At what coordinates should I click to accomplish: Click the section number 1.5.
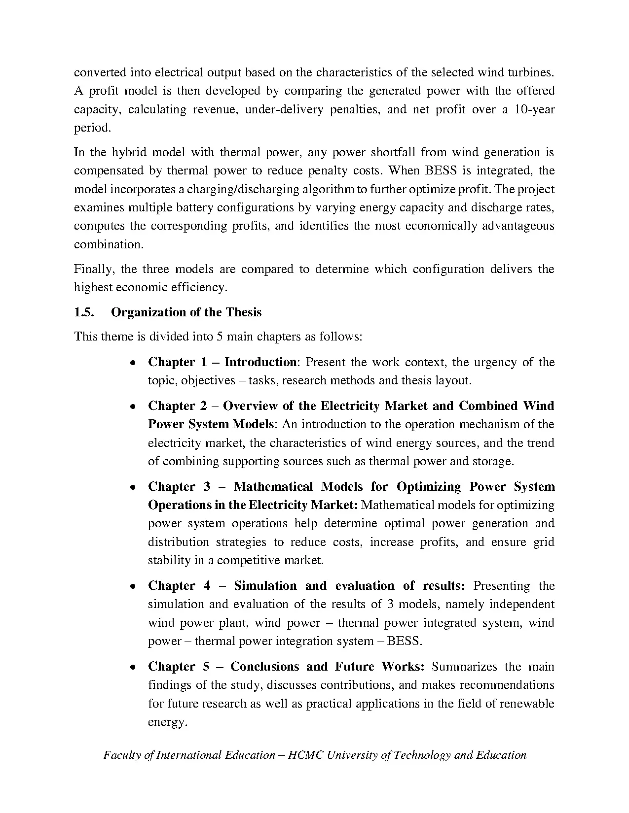[84, 312]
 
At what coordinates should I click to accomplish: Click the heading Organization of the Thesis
[186, 312]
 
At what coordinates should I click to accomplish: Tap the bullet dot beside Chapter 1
[133, 363]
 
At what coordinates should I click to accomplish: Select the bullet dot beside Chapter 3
[133, 488]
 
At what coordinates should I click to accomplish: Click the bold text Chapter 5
[179, 667]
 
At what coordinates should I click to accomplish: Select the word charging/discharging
[247, 189]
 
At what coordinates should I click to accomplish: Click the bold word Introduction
[260, 362]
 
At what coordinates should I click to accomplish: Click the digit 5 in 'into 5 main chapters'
[219, 337]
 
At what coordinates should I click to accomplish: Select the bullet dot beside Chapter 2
[133, 407]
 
